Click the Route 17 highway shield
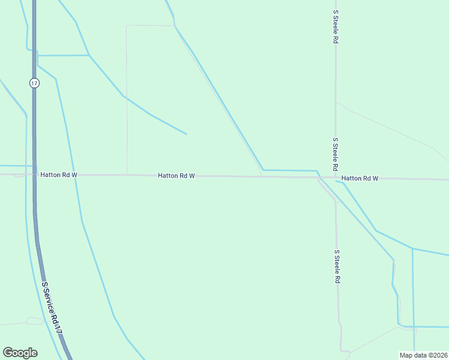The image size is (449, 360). pyautogui.click(x=34, y=83)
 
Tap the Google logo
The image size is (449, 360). pyautogui.click(x=20, y=353)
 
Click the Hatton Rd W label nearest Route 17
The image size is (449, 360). pyautogui.click(x=59, y=175)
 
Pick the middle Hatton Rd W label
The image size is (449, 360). pyautogui.click(x=176, y=176)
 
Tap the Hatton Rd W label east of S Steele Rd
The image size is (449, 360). pyautogui.click(x=360, y=178)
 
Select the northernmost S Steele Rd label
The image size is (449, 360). pyautogui.click(x=336, y=26)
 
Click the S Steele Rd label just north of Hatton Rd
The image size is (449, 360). pyautogui.click(x=336, y=154)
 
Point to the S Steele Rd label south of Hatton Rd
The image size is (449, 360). pyautogui.click(x=337, y=266)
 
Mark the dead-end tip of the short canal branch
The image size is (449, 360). pyautogui.click(x=187, y=134)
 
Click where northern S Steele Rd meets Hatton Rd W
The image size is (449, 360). pyautogui.click(x=336, y=178)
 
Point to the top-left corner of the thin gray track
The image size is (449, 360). pyautogui.click(x=126, y=26)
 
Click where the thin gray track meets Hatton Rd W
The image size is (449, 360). pyautogui.click(x=127, y=175)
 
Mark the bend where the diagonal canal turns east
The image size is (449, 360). pyautogui.click(x=263, y=170)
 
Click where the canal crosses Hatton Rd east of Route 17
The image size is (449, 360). pyautogui.click(x=74, y=175)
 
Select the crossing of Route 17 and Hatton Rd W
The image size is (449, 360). pyautogui.click(x=34, y=174)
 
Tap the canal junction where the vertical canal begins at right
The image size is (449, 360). pyautogui.click(x=412, y=248)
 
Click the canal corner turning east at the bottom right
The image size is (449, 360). pyautogui.click(x=399, y=326)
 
